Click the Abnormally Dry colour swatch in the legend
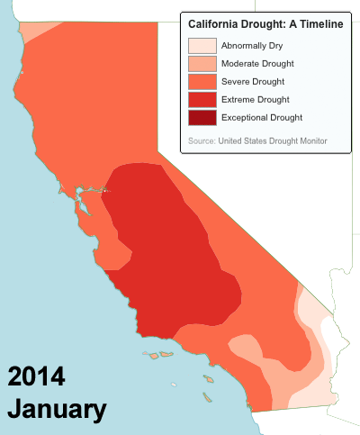[x=202, y=46]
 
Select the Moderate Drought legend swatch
[x=202, y=64]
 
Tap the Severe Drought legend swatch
[x=202, y=82]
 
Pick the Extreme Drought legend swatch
[x=202, y=100]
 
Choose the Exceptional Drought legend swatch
[x=202, y=118]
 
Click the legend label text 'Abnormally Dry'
[x=252, y=46]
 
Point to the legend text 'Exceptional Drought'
[x=262, y=118]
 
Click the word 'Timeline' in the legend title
[x=321, y=24]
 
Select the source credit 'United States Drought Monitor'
[x=273, y=140]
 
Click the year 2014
[x=36, y=376]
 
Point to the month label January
[x=57, y=409]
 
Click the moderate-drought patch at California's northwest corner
[x=36, y=30]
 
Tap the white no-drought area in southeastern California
[x=334, y=335]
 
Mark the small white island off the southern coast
[x=174, y=385]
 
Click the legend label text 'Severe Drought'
[x=253, y=82]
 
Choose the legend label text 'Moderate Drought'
[x=257, y=64]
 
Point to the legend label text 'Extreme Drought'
[x=256, y=100]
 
